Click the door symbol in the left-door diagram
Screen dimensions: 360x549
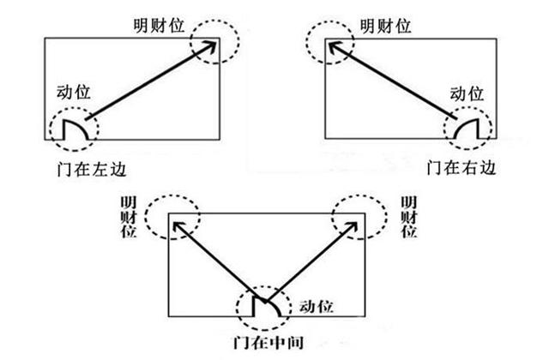[74, 129]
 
